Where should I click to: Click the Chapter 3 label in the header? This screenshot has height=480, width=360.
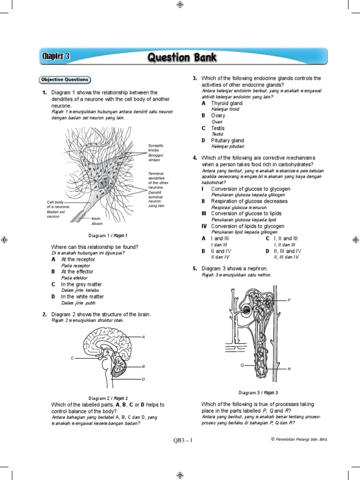(x=56, y=57)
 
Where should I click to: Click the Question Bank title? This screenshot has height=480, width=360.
(x=182, y=58)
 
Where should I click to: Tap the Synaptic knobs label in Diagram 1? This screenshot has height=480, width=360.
(x=156, y=149)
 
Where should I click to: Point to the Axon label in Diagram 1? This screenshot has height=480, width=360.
(x=96, y=218)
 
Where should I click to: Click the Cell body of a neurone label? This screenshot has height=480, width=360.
(x=58, y=204)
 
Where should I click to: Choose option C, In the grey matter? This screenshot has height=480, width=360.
(x=81, y=285)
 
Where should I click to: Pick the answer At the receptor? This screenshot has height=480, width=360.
(x=78, y=259)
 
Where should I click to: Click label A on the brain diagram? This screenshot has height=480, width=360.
(x=143, y=337)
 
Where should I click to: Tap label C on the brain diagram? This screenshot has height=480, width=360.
(x=73, y=358)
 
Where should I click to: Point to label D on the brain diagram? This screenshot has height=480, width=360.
(x=143, y=379)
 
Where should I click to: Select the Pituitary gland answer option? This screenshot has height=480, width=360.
(x=227, y=141)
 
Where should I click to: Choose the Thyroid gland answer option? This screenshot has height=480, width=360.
(x=226, y=103)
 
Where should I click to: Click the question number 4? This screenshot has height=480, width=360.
(x=195, y=158)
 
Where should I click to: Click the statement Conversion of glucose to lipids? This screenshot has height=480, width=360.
(x=246, y=214)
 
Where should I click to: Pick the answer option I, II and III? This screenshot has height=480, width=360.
(x=285, y=239)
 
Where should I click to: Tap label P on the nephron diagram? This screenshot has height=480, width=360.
(x=289, y=300)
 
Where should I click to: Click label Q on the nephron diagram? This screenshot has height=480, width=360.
(x=242, y=365)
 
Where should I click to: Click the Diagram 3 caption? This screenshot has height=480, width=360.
(x=258, y=393)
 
